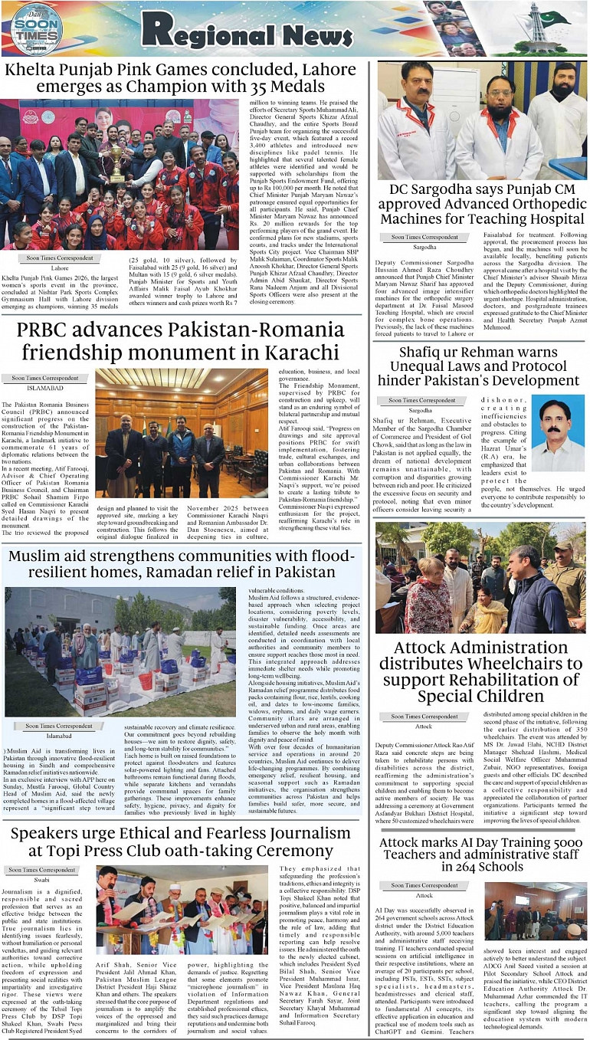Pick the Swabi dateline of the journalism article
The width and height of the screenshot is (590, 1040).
coord(41,881)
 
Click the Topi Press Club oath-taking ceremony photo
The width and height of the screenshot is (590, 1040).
coord(182,909)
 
